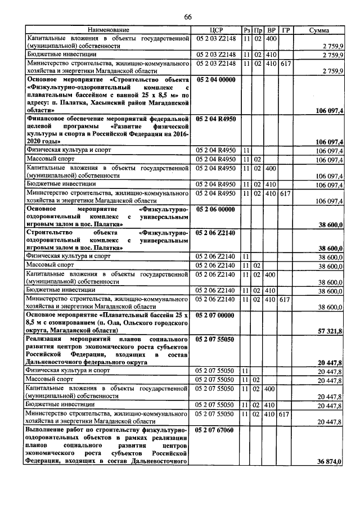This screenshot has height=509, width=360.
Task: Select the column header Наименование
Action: point(107,30)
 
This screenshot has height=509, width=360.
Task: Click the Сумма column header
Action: point(319,30)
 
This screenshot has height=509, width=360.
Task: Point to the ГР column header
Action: point(286,30)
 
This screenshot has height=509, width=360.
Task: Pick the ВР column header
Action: point(271,30)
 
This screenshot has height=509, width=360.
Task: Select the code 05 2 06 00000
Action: point(216,209)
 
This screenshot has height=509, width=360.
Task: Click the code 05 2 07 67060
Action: point(216,430)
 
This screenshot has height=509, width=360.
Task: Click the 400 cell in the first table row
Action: point(271,38)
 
